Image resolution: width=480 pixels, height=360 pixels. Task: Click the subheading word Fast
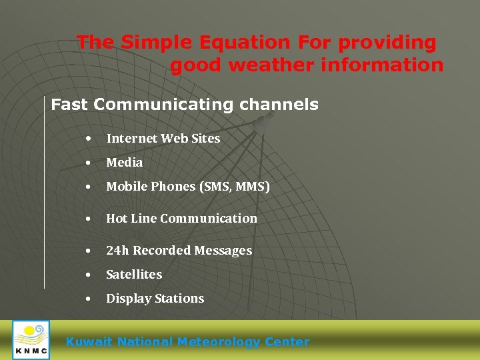(70, 105)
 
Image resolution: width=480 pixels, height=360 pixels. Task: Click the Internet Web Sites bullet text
(163, 139)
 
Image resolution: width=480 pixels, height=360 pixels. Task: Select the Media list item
(124, 163)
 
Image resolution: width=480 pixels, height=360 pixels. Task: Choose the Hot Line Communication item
(181, 219)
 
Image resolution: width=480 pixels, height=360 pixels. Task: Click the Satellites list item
(134, 275)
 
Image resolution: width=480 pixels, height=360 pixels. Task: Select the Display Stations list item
(155, 299)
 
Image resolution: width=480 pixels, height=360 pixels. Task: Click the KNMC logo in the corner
(31, 340)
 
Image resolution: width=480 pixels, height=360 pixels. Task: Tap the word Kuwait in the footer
(89, 342)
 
